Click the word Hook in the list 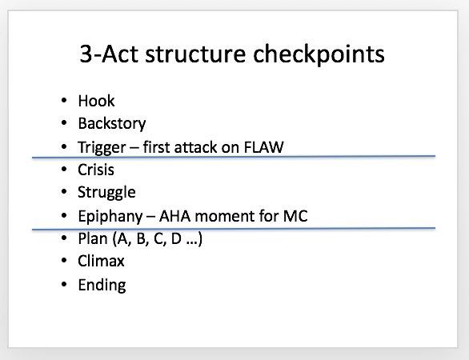[96, 101]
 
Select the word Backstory [112, 124]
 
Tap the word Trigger [102, 148]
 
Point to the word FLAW [264, 147]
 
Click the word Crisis [96, 170]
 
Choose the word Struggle [106, 193]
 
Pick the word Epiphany [110, 217]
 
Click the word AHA [175, 216]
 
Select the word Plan [93, 238]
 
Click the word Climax [101, 261]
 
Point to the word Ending [102, 286]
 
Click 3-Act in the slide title [109, 54]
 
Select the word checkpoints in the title [319, 54]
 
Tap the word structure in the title [195, 54]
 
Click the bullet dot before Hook [64, 101]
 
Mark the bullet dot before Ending [64, 284]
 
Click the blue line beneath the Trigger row [234, 157]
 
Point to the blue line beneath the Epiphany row [234, 229]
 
